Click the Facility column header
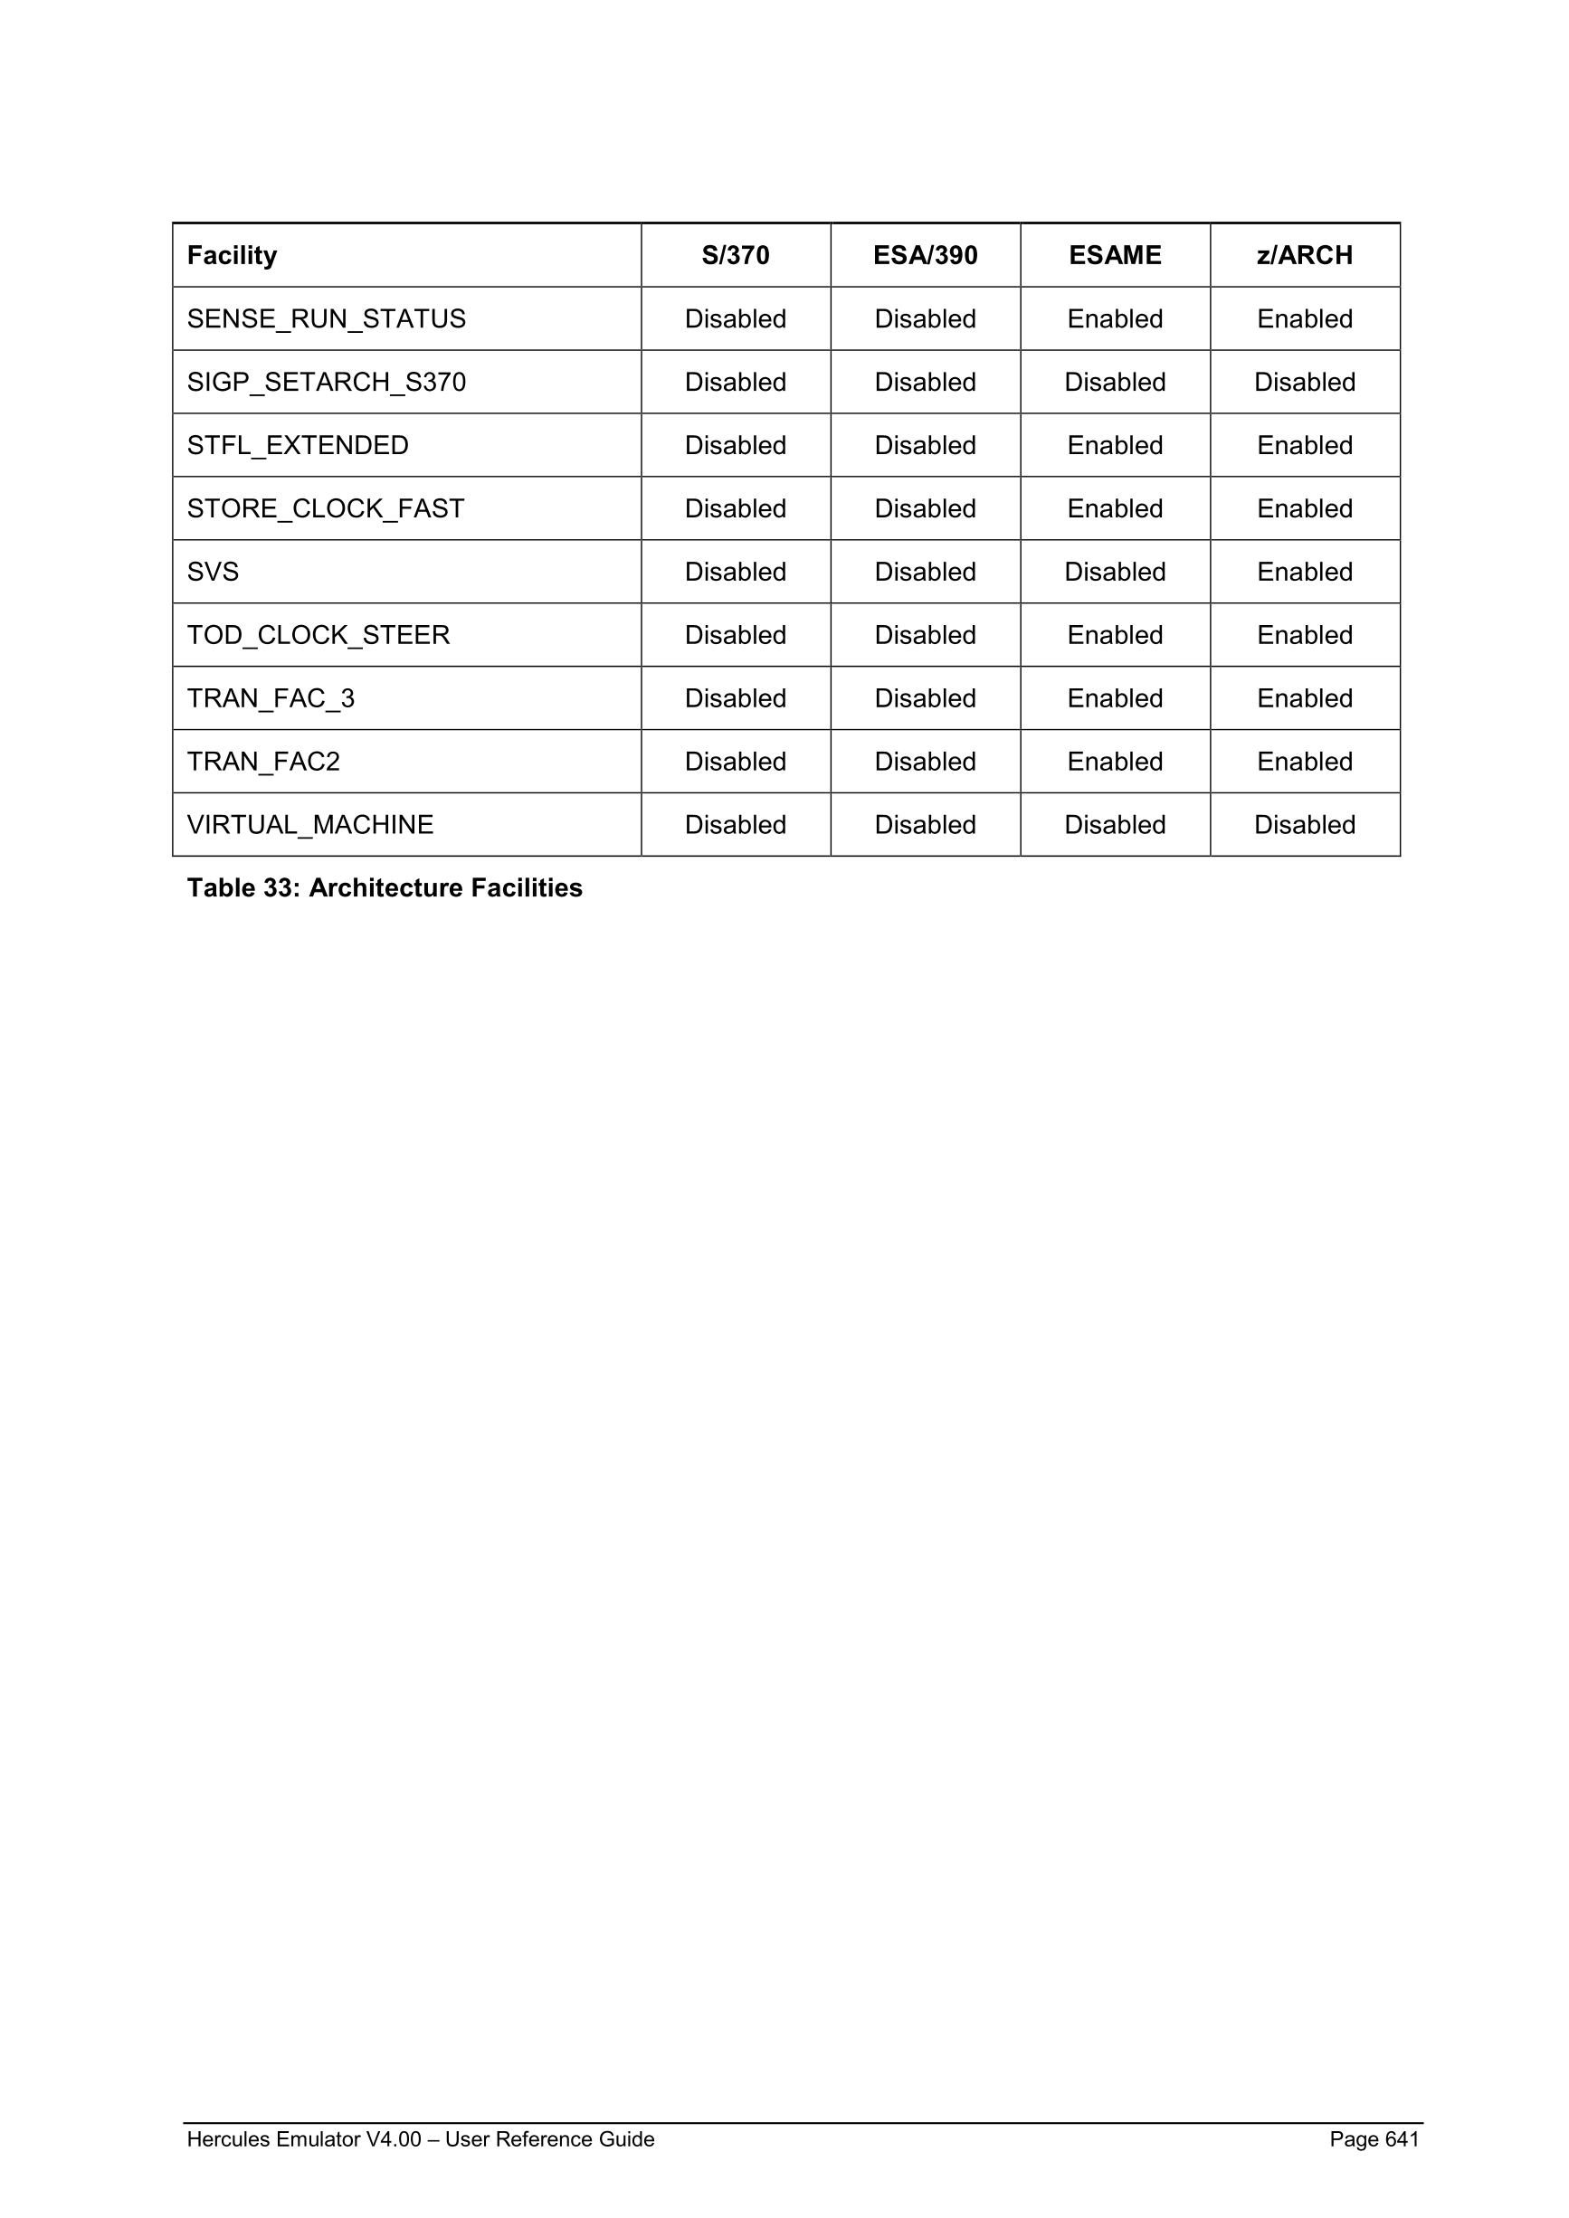(232, 255)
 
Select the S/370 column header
(736, 255)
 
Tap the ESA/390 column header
(925, 255)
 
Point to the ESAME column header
(1115, 255)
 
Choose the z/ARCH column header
(1304, 255)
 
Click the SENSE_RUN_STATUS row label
(327, 318)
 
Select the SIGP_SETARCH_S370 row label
(327, 383)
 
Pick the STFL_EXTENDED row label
(298, 445)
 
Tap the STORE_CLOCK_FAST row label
(326, 509)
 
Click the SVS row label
(213, 572)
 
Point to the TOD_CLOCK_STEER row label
(318, 636)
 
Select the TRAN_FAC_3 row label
(271, 698)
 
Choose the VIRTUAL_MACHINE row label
(310, 825)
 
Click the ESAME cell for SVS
(1115, 572)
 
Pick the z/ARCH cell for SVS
(1304, 572)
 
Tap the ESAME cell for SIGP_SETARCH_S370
(1115, 383)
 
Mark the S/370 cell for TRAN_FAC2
(736, 763)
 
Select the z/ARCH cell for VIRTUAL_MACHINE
(1304, 825)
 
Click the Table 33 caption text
(385, 887)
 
